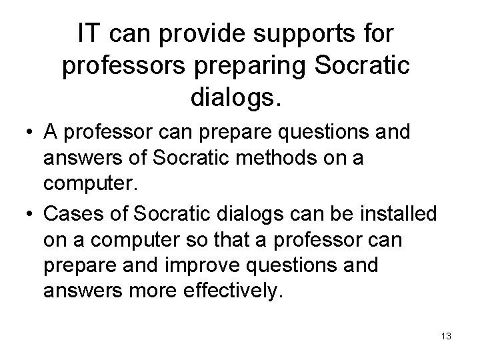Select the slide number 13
[446, 337]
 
